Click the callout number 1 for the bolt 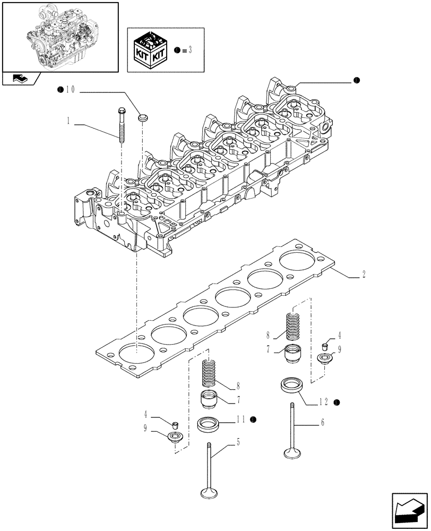tap(69, 122)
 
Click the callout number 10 tap(72, 91)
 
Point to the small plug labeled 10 tap(142, 116)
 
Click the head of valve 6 tap(292, 453)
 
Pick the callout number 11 tap(241, 419)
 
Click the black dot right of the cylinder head tap(356, 81)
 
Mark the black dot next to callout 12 tap(337, 402)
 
